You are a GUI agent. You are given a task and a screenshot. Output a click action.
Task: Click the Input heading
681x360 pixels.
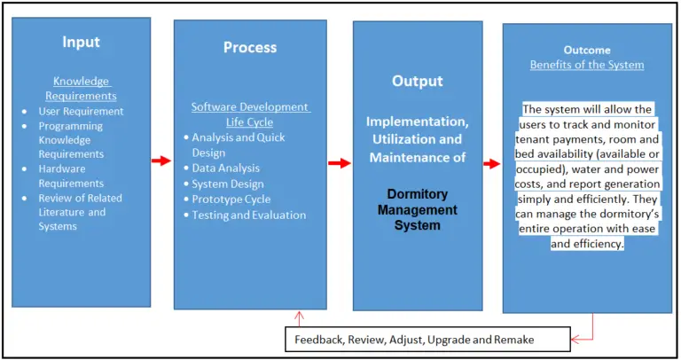(82, 42)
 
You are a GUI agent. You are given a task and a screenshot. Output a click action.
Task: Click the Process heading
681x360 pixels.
(250, 47)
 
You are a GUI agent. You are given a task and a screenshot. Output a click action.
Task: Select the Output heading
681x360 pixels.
(417, 81)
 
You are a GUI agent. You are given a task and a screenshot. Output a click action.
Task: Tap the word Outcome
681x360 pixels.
(586, 50)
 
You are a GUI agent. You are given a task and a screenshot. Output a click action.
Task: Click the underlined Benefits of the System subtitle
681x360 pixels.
(586, 65)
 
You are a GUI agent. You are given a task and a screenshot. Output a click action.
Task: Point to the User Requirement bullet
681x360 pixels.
(81, 112)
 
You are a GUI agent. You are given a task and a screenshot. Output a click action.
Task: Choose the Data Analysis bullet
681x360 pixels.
(226, 168)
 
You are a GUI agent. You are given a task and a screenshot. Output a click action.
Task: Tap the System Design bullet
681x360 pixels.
(228, 184)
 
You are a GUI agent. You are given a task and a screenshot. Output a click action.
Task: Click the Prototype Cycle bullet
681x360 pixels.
(231, 200)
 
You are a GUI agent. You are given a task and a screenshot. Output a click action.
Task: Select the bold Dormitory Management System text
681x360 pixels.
(417, 210)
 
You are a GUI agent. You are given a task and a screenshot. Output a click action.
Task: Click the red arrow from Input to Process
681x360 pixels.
(160, 160)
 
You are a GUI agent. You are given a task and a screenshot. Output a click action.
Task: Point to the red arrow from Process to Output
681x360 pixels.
(340, 163)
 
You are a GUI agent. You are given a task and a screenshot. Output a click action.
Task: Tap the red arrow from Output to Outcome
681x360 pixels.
(491, 163)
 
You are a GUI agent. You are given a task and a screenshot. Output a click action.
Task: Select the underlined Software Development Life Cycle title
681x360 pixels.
(250, 114)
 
